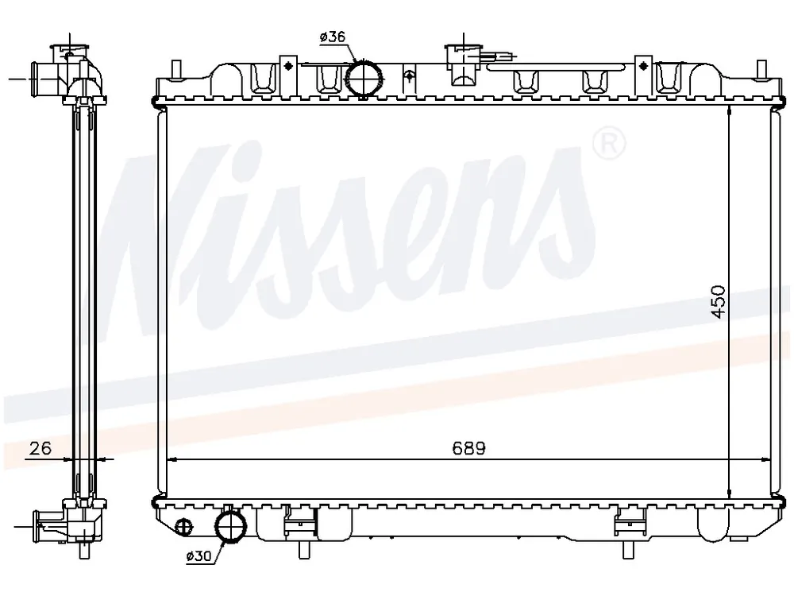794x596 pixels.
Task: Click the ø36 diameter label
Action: coord(332,37)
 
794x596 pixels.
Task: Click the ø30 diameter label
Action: coord(198,556)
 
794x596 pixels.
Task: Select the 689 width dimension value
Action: coord(468,448)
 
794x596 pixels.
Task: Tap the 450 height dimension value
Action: coord(718,302)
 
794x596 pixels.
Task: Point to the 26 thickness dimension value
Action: coord(40,448)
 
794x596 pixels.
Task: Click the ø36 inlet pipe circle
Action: coord(364,78)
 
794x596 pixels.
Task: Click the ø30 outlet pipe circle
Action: coord(230,527)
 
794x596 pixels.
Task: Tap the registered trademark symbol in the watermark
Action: coord(609,143)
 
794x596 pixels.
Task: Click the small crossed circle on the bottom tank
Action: coord(184,527)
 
